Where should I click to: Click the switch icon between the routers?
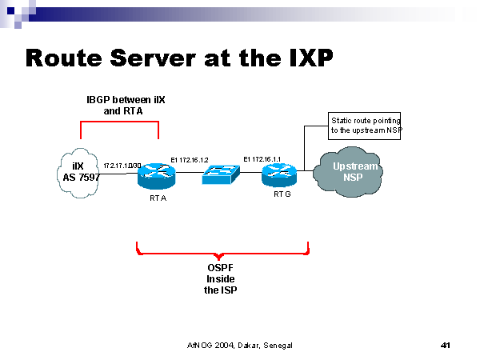coord(221,174)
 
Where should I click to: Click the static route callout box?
coord(364,125)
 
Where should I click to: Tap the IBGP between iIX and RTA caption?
coord(122,105)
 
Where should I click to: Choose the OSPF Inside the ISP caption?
coord(221,279)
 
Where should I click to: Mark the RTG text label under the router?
coord(282,194)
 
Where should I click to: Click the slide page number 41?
coord(446,345)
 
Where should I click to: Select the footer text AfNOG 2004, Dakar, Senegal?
coord(239,345)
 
